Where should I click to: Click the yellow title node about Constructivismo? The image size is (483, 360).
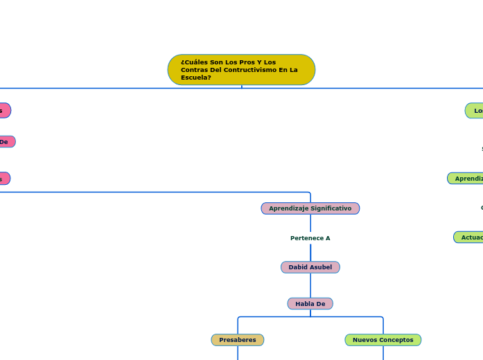(241, 70)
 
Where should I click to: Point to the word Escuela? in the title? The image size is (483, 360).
(196, 78)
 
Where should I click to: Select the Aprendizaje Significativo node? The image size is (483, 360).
(310, 208)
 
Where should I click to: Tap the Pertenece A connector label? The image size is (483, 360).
(310, 238)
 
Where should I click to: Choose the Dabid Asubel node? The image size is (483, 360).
(310, 267)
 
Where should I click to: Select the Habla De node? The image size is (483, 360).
(310, 304)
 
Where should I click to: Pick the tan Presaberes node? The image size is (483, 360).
(237, 340)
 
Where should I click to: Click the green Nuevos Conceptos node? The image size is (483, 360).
(383, 340)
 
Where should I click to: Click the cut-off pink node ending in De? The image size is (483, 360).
(6, 142)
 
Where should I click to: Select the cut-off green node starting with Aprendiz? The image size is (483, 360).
(466, 179)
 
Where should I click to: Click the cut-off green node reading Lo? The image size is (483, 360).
(475, 111)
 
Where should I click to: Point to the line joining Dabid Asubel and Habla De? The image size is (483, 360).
(310, 285)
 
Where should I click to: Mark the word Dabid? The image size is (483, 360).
(297, 267)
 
